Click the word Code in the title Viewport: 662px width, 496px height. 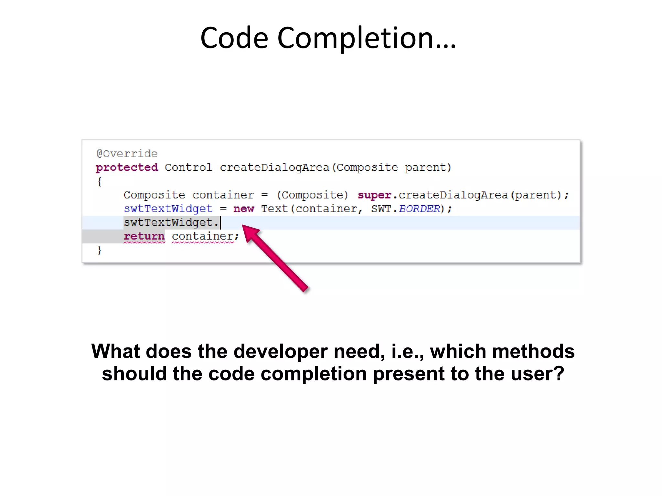234,38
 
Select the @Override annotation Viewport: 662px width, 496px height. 127,154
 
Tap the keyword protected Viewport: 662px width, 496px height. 127,168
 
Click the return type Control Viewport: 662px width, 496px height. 188,168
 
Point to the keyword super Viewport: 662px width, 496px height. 374,195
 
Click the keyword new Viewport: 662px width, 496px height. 244,209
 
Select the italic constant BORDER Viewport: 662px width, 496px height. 419,209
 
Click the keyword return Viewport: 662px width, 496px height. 144,236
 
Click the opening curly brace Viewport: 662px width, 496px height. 100,181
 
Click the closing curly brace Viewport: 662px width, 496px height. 100,250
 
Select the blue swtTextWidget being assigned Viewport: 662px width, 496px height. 168,209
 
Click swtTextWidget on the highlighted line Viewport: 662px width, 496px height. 168,223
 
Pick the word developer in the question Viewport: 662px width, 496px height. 281,351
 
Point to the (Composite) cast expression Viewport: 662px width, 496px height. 313,195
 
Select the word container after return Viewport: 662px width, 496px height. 203,236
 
